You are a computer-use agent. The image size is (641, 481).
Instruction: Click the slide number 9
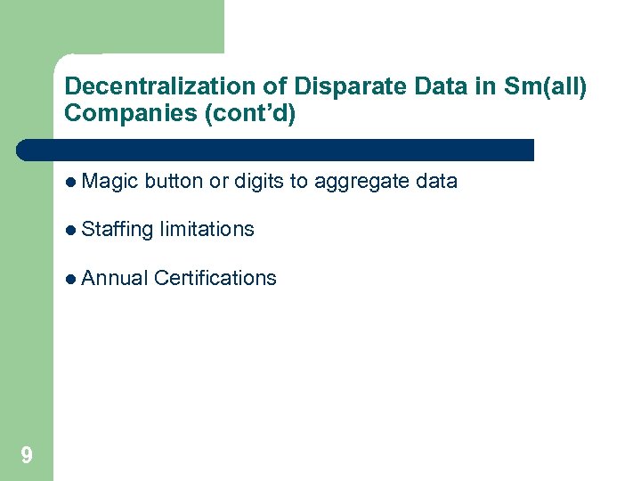pyautogui.click(x=27, y=456)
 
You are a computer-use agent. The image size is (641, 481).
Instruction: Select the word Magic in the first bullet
pyautogui.click(x=109, y=182)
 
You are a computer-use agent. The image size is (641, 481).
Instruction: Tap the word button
pyautogui.click(x=174, y=182)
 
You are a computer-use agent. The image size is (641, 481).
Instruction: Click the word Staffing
pyautogui.click(x=117, y=229)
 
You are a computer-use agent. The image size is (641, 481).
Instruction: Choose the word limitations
pyautogui.click(x=207, y=229)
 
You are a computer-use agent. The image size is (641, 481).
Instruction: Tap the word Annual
pyautogui.click(x=114, y=278)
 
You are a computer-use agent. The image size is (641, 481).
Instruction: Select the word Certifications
pyautogui.click(x=215, y=278)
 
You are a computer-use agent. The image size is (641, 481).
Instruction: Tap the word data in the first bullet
pyautogui.click(x=436, y=182)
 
